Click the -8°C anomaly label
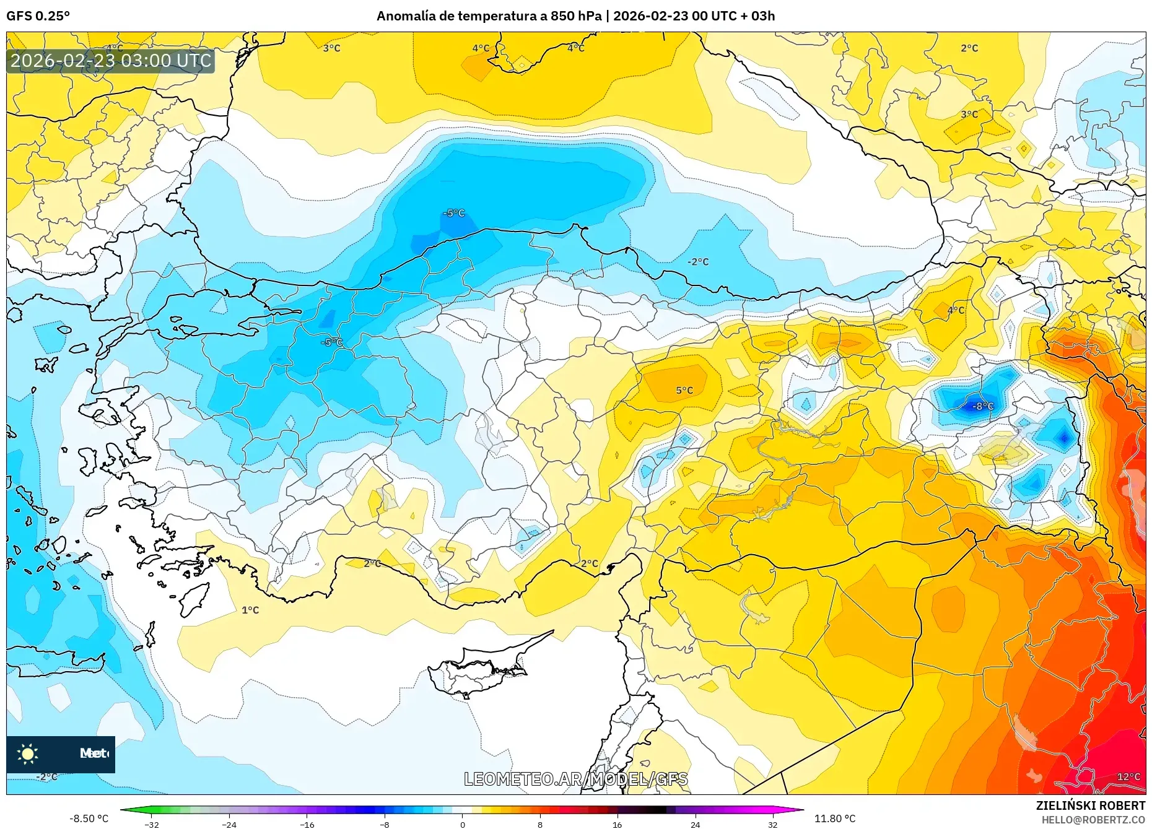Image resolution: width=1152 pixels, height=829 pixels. (x=983, y=407)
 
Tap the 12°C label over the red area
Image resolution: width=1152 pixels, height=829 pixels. (x=1128, y=776)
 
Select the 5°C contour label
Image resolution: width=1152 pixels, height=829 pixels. (x=684, y=391)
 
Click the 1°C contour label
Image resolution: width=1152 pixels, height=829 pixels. (x=250, y=610)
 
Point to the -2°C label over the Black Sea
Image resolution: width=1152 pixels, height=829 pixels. (x=698, y=262)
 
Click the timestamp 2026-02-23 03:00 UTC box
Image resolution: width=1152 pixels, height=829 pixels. (x=111, y=61)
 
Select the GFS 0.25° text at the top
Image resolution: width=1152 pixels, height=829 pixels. (x=38, y=16)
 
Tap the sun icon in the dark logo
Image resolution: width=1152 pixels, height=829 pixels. (x=28, y=753)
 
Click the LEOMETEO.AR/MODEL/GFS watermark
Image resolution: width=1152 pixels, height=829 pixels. (x=575, y=779)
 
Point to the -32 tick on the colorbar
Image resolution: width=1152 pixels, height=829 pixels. (x=152, y=824)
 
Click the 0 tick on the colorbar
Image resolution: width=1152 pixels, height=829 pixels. (x=462, y=824)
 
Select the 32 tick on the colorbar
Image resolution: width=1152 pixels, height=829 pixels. (x=772, y=824)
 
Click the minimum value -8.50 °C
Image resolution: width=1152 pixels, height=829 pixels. (x=89, y=818)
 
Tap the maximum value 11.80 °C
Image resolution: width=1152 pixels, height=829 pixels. (x=834, y=818)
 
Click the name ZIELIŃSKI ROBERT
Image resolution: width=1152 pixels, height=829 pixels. (x=1090, y=805)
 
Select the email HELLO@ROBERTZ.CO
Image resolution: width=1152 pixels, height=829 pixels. (x=1093, y=820)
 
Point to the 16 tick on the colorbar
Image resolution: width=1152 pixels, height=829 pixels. (x=617, y=824)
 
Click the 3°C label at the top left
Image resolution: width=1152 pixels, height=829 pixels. (x=331, y=48)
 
